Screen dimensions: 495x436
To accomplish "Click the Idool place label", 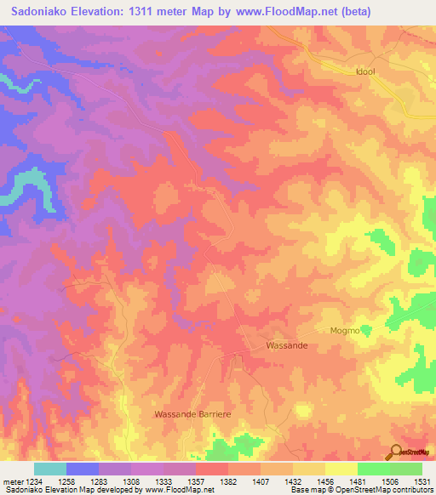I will (x=365, y=72).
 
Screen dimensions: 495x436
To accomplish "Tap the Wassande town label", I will (x=286, y=346).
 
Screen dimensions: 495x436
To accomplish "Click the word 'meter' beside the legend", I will (x=12, y=481).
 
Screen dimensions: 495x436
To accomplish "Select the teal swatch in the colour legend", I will (x=50, y=469).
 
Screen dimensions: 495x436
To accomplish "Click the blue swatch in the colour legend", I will (x=83, y=469).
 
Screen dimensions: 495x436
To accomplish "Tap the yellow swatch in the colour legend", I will (x=341, y=469).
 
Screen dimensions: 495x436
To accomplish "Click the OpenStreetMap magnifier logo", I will (x=396, y=451).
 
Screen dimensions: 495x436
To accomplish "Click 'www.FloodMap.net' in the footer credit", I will (x=179, y=491).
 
